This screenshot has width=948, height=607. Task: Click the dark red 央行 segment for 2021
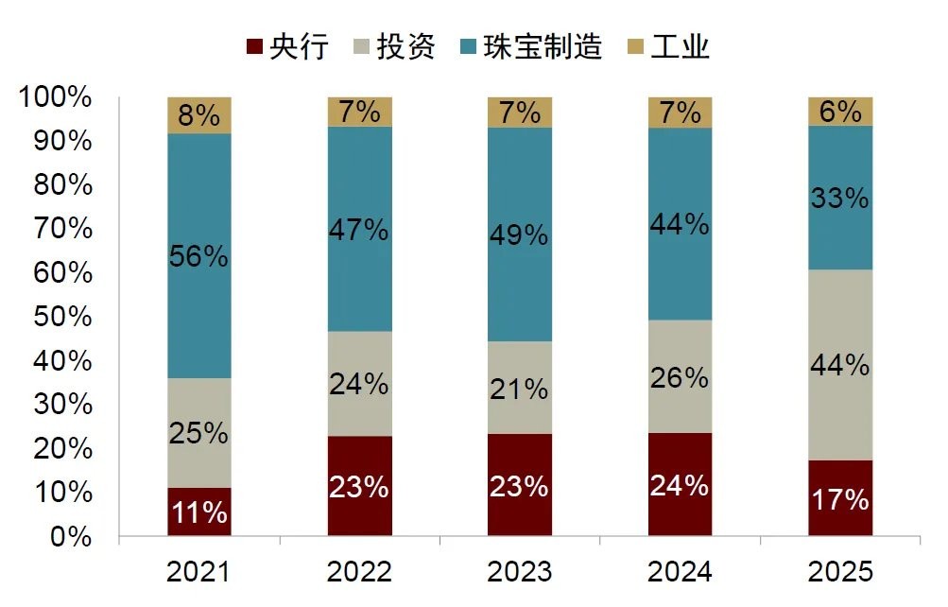point(199,512)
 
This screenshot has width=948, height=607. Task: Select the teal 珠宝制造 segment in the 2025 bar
point(840,198)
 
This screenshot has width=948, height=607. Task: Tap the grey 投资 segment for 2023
point(520,388)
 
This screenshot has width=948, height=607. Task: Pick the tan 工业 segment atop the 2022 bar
point(360,112)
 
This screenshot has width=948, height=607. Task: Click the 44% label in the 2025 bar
point(840,364)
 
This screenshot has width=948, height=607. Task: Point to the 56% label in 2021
point(199,256)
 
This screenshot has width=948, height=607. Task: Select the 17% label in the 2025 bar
point(840,498)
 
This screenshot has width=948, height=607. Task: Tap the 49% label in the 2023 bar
point(520,234)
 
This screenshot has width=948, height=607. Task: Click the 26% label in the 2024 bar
point(681,377)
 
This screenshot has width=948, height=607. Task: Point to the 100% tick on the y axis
point(55,97)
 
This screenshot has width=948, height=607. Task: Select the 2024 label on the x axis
point(681,572)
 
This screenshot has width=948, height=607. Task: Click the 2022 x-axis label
point(360,572)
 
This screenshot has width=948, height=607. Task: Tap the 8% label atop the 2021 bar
point(199,115)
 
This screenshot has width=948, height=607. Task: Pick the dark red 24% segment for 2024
point(681,485)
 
